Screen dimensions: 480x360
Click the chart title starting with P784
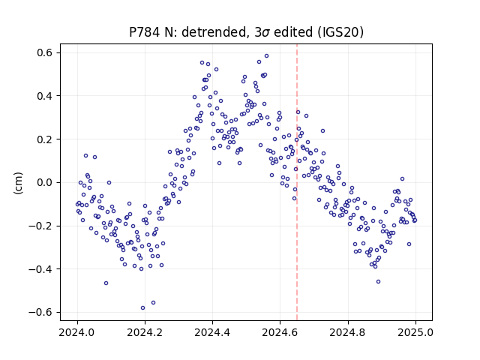[x=246, y=32]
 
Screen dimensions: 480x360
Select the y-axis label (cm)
[x=18, y=183]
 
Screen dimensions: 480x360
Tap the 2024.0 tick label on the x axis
[x=77, y=332]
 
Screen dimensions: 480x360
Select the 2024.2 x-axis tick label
[x=145, y=332]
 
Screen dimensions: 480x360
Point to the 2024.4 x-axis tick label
[x=212, y=332]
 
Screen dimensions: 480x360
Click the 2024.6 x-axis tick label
[x=280, y=332]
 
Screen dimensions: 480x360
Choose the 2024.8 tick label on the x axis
[x=347, y=332]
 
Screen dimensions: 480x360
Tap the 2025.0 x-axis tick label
[x=415, y=332]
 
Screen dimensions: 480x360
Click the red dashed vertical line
[x=297, y=182]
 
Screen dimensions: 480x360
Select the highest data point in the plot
[x=267, y=56]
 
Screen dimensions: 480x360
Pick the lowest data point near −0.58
[x=142, y=308]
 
